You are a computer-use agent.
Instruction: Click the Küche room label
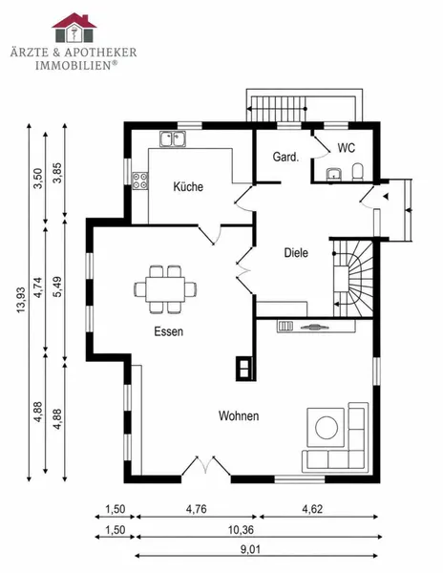coord(188,187)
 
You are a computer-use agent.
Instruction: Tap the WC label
coord(347,148)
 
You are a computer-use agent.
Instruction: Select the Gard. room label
coord(286,158)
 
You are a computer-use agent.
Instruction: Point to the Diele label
coord(296,252)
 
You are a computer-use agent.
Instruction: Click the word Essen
coord(168,331)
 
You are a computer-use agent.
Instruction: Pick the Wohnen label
coord(239,415)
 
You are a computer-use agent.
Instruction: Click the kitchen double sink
coord(173,138)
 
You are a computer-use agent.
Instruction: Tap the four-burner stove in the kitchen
coord(140,180)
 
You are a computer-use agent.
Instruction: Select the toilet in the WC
coord(357,172)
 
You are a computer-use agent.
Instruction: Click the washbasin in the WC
coord(334,175)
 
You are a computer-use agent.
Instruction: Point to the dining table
coord(165,289)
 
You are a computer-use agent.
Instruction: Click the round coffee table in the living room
coord(327,428)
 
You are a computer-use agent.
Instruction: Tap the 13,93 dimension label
coord(21,300)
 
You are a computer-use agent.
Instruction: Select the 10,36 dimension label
coord(241,529)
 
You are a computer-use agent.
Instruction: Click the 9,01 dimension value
coord(250,549)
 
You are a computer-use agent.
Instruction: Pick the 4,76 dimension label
coord(197,509)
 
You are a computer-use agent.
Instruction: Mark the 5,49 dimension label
coord(57,286)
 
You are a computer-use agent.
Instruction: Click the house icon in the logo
coord(74,28)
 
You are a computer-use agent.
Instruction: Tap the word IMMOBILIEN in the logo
coord(74,65)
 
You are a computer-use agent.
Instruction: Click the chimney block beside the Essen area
coord(244,368)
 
